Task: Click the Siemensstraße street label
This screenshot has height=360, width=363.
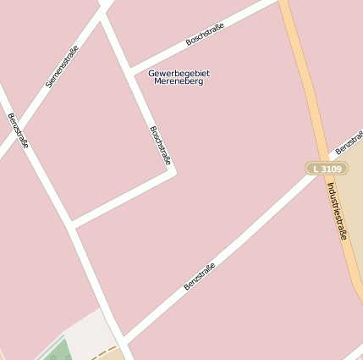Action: (62, 67)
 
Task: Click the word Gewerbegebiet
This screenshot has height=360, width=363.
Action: (179, 73)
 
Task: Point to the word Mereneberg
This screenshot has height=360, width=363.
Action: (179, 81)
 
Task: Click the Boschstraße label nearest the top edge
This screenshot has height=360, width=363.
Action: (206, 34)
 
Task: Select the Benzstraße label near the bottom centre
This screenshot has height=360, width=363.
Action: (200, 276)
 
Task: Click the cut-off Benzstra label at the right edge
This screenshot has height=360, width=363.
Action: (349, 142)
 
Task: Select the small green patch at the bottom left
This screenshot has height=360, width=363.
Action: (57, 350)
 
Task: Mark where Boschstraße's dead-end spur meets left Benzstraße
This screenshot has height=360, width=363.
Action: (71, 226)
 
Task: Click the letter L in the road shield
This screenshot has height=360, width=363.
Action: (316, 169)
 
